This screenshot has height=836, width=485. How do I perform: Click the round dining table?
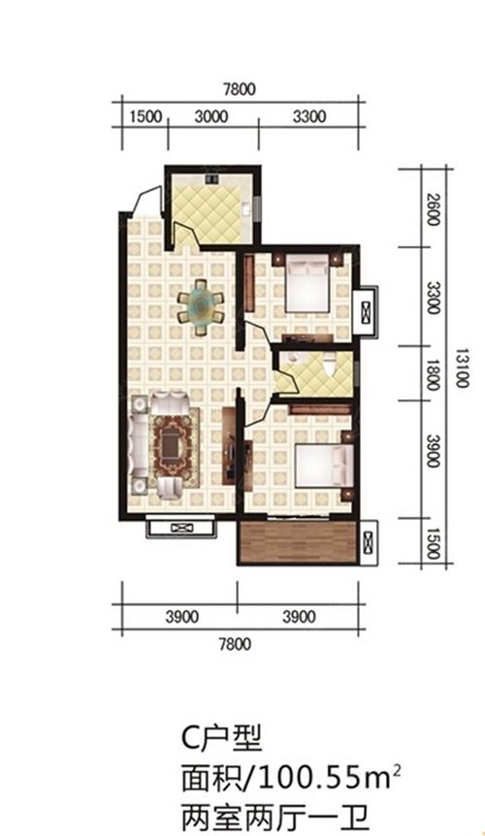coord(200,306)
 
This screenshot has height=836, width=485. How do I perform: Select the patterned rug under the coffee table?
coord(175,447)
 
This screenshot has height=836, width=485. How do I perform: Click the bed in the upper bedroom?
coord(307,282)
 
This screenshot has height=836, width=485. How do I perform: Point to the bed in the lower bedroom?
coord(325,466)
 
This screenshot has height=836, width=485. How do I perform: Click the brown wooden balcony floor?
coord(298,541)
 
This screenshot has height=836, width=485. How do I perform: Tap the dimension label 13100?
coord(462,368)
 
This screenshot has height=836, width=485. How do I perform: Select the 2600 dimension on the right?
coord(434,209)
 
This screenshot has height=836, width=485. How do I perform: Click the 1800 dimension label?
coord(433,374)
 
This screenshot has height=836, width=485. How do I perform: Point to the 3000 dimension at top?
coord(211,116)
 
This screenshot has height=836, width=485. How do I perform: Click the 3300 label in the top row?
coord(309,116)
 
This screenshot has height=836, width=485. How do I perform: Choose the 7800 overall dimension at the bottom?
coord(235,644)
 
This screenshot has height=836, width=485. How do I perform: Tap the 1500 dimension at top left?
coord(145,116)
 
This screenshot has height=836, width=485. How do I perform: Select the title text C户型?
coord(221,738)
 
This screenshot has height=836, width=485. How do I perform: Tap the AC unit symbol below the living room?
coord(182,528)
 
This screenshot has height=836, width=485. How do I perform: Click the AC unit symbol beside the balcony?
coord(368,541)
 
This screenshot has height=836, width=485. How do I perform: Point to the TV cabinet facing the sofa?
coord(230,446)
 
